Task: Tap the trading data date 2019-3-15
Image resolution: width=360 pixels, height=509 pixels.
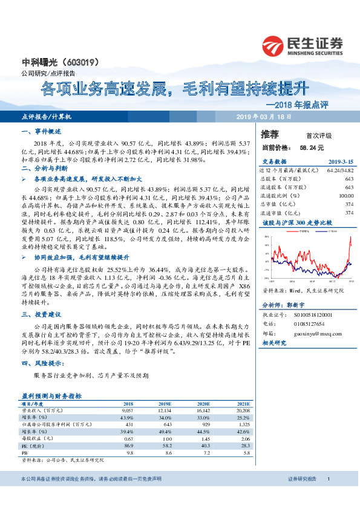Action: [341, 162]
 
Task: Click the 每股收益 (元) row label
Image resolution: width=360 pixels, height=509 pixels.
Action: [39, 438]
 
